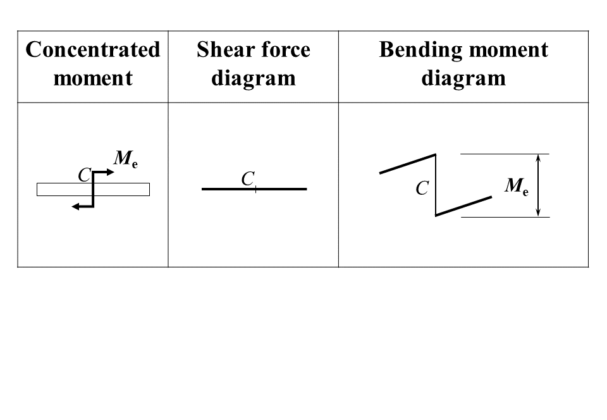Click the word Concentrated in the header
(x=93, y=50)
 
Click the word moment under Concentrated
(x=93, y=78)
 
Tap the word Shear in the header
(x=220, y=50)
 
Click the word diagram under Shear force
(x=253, y=78)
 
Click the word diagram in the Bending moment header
(x=463, y=78)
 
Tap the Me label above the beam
(x=125, y=159)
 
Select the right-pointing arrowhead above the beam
(x=110, y=171)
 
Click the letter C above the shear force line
(x=247, y=180)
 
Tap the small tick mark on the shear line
(x=255, y=188)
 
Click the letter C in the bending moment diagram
(x=422, y=188)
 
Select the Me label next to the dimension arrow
(x=515, y=186)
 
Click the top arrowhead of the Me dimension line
(x=538, y=157)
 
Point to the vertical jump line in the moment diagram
(x=436, y=185)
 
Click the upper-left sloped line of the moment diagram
(x=407, y=163)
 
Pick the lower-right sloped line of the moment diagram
(x=463, y=206)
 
